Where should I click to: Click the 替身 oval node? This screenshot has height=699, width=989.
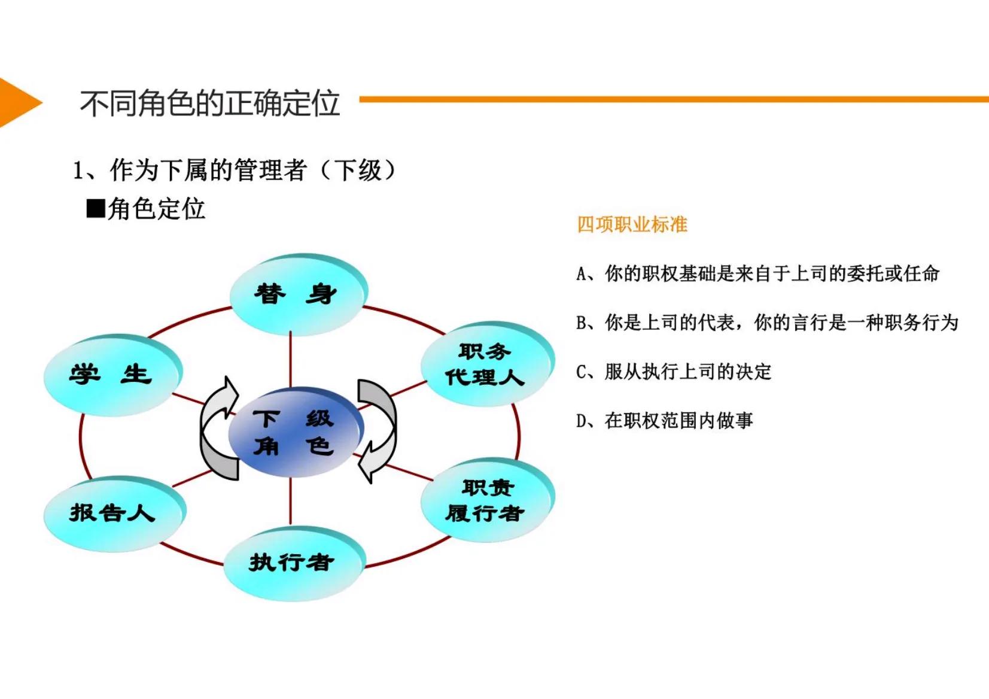click(x=297, y=294)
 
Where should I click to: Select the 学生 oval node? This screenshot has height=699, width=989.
click(x=111, y=375)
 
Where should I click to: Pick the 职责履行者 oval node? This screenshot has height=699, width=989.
click(x=486, y=500)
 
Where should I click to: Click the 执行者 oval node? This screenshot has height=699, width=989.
click(x=293, y=563)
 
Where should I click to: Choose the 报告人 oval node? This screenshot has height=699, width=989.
click(x=113, y=513)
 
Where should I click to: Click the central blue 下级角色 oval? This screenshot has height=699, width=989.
click(x=294, y=432)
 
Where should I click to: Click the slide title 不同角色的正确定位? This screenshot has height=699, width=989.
click(x=210, y=103)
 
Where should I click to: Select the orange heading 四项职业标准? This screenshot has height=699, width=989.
click(x=632, y=224)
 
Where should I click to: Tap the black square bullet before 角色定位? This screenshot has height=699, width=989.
click(x=95, y=209)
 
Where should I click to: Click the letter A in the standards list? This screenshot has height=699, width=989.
click(x=581, y=275)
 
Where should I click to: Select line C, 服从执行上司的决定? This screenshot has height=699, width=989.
click(x=674, y=372)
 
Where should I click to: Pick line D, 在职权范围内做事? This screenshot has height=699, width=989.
click(x=664, y=421)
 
